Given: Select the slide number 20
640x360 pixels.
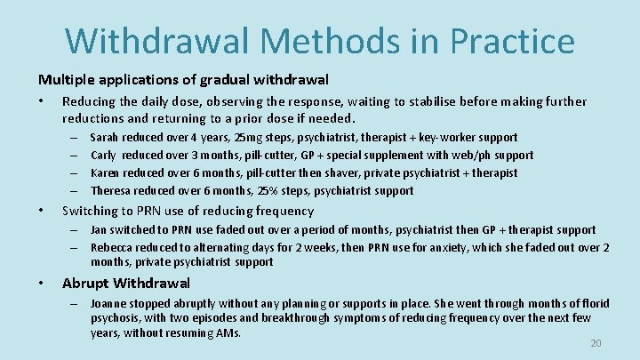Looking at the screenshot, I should point(596,344).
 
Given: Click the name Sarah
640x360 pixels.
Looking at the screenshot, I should point(105,138).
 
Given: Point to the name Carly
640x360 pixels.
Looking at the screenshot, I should point(104,156).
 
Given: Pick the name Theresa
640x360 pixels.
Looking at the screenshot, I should point(111,191).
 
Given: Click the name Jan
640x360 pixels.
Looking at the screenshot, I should point(99,230).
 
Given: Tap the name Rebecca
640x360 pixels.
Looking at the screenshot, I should point(112,248).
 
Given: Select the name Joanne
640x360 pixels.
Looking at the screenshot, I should point(109,303).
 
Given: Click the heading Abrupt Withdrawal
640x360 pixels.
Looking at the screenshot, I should point(125,284).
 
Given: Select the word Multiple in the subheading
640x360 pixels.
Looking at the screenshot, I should point(64,79).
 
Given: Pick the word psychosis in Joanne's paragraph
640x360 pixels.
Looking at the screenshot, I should point(116,318).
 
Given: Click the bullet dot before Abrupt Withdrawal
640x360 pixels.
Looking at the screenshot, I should point(43,284).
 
